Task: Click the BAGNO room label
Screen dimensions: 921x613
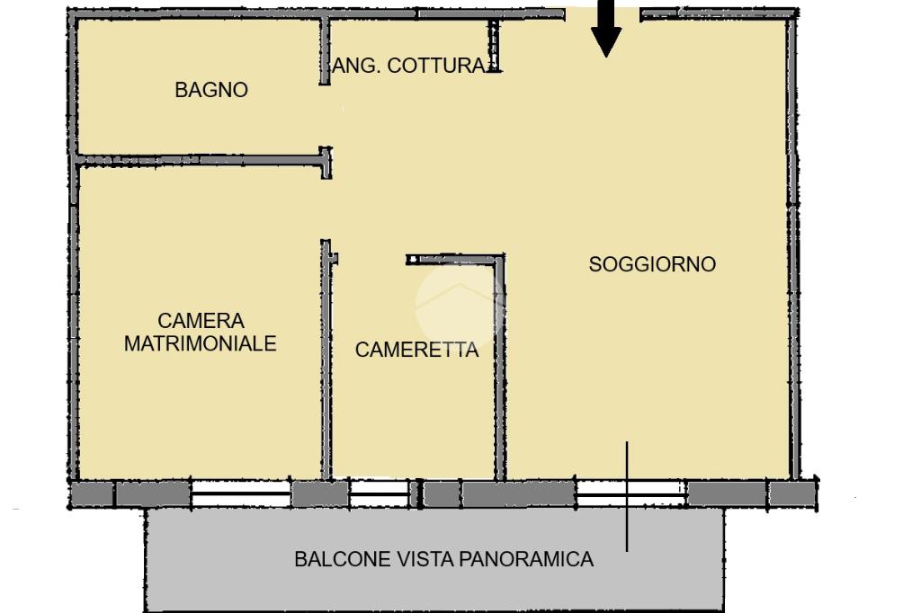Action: point(211,90)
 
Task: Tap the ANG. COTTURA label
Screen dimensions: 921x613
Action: point(409,66)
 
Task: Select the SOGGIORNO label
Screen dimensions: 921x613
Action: point(652,264)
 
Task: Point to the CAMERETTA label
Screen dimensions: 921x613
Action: point(416,351)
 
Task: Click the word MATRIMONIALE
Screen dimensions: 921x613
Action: point(201,343)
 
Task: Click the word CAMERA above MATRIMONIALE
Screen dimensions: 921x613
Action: point(201,321)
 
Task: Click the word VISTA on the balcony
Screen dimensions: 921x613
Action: point(427,559)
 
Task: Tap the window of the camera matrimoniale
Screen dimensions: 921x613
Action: point(241,493)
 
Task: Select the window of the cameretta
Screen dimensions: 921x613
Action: point(379,493)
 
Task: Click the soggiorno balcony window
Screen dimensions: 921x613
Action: point(631,493)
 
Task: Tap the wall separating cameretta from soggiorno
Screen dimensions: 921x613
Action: point(499,369)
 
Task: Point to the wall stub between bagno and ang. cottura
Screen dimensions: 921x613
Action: point(325,52)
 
